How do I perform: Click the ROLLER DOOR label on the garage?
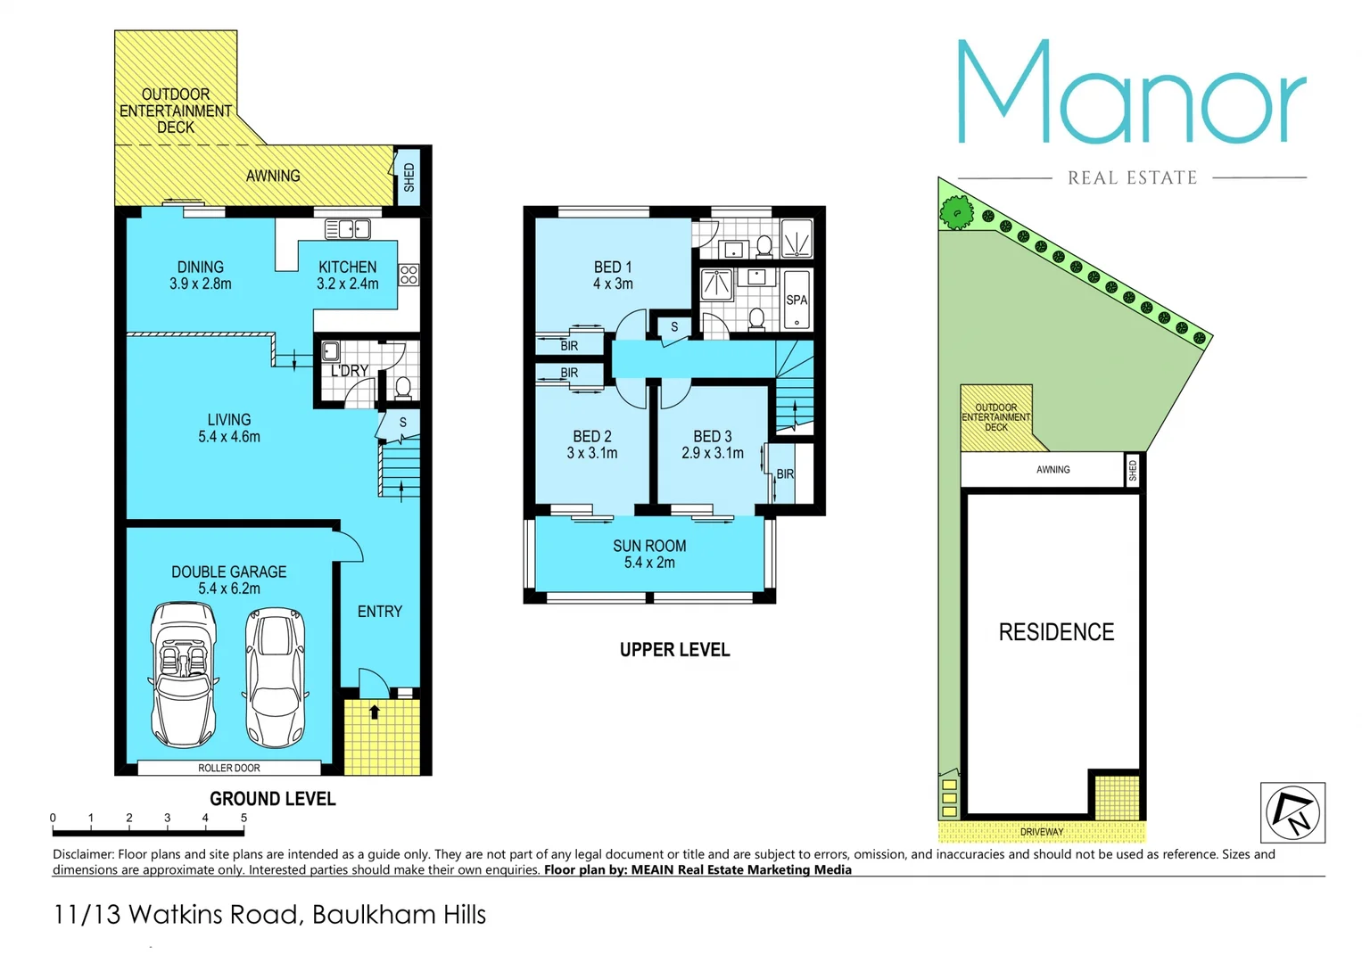[x=229, y=768]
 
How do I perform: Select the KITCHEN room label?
[x=347, y=267]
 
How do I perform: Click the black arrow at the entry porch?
[x=375, y=712]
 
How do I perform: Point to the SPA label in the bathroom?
[x=797, y=300]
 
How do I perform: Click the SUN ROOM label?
[x=649, y=547]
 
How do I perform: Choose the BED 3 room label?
[x=713, y=437]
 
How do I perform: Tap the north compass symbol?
[x=1292, y=812]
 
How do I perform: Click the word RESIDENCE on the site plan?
[x=1056, y=632]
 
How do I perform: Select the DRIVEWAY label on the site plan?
[x=1042, y=832]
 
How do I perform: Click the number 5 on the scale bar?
[x=244, y=818]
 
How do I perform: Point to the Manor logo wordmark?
[x=1131, y=93]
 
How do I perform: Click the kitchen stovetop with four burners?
[x=409, y=275]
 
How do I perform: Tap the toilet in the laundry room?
[x=402, y=388]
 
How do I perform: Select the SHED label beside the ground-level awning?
[x=409, y=177]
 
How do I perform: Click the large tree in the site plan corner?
[x=957, y=212]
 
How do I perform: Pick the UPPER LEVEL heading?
[x=674, y=650]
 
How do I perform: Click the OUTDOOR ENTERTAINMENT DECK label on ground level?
[x=176, y=111]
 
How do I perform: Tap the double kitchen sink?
[x=347, y=230]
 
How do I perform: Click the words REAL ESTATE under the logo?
[x=1132, y=178]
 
